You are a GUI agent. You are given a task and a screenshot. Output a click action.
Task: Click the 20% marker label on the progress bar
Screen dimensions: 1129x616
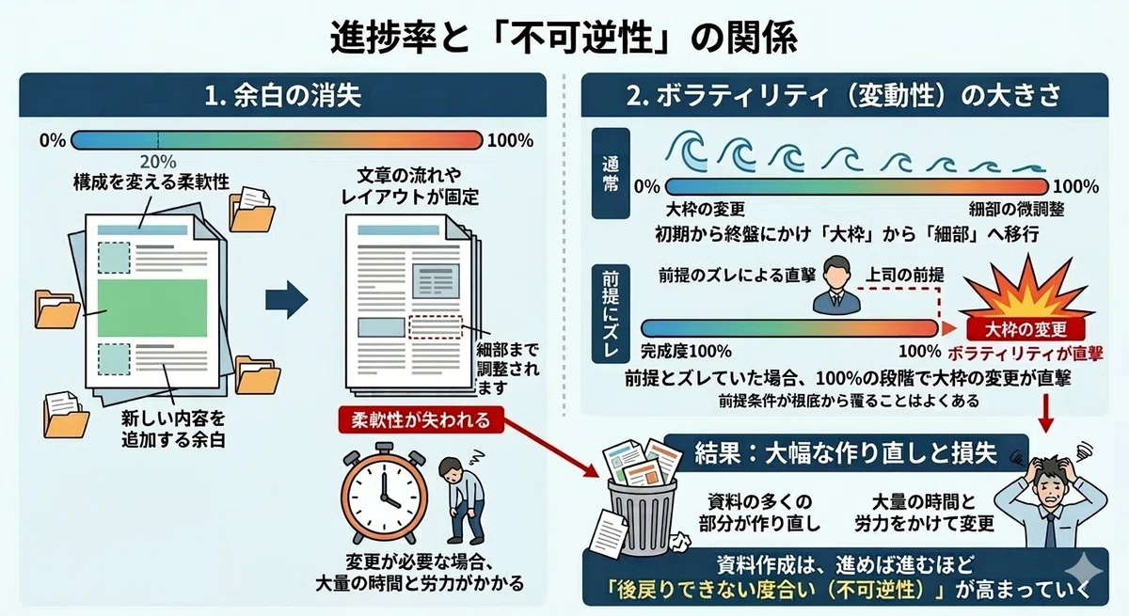[x=158, y=162]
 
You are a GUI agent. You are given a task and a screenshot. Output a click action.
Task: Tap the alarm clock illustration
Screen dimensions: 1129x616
[x=384, y=493]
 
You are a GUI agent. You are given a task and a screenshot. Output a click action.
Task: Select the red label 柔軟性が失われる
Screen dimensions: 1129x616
[x=421, y=419]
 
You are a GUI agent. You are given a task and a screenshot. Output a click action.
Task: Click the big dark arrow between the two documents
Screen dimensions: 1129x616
[x=286, y=300]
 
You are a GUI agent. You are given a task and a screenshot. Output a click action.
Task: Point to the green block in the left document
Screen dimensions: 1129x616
[x=152, y=308]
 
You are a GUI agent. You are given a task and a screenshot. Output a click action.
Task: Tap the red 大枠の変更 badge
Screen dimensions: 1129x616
[x=1026, y=329]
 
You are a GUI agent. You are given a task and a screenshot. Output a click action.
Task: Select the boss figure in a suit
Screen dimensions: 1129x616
[x=836, y=285]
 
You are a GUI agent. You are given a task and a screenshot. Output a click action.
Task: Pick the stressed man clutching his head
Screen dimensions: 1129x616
[x=1051, y=496]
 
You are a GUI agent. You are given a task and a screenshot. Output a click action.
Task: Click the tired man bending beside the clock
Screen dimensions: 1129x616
[x=461, y=499]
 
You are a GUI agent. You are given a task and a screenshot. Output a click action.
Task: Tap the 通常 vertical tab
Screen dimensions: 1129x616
[x=611, y=173]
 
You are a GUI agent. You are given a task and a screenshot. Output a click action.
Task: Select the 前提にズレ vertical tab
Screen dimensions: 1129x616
[x=611, y=313]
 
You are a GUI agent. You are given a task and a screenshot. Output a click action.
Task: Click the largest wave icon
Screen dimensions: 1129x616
[x=687, y=150]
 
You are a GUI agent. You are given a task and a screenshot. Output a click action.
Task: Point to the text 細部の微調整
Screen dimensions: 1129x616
[x=1016, y=209]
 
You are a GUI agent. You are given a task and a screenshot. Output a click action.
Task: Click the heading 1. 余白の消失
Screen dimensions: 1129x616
[x=283, y=96]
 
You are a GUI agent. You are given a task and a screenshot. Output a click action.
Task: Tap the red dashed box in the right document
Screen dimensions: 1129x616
[x=435, y=327]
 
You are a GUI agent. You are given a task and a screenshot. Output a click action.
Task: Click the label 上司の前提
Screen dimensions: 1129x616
[x=905, y=275]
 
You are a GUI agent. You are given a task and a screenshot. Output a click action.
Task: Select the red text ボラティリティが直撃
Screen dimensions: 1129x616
[x=1026, y=354]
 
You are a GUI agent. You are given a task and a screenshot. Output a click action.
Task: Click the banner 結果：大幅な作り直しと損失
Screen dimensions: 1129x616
[x=846, y=453]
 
